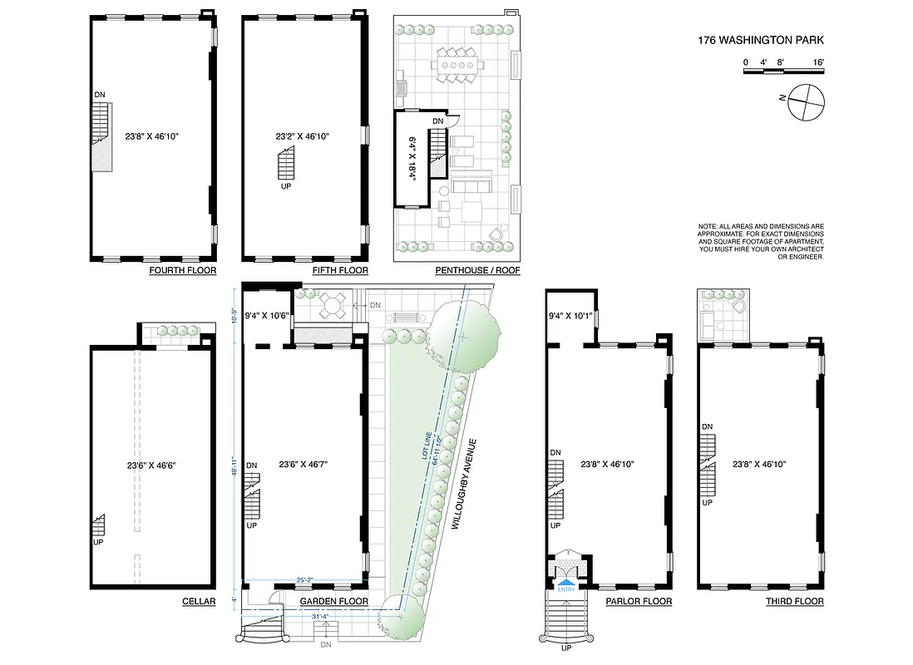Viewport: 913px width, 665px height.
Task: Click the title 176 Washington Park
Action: (761, 40)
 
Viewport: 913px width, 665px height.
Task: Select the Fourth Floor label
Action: (182, 271)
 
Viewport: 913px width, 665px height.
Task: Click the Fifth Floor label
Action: (340, 271)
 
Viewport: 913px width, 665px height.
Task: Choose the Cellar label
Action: (198, 601)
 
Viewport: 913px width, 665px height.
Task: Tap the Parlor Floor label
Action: (639, 601)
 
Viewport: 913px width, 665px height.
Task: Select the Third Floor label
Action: (794, 601)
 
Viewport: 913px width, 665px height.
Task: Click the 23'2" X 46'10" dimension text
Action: (304, 135)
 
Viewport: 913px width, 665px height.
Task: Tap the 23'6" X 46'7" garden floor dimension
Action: (304, 465)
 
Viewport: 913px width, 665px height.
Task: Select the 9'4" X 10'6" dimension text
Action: (266, 316)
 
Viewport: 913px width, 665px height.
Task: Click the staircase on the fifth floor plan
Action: (286, 164)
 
